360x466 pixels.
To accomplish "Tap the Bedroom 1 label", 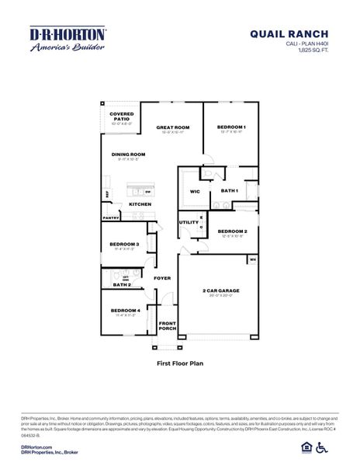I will (x=232, y=127).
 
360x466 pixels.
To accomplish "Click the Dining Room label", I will (x=129, y=155).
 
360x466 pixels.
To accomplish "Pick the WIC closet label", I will (x=195, y=190).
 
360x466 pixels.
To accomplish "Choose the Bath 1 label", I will (x=229, y=190).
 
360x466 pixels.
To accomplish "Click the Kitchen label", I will (x=140, y=204).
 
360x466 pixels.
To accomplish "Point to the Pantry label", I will (x=110, y=218).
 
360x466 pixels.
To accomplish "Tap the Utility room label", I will (x=189, y=223).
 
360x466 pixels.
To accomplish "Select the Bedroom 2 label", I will (x=232, y=231).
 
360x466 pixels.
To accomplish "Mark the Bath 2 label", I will (x=121, y=286).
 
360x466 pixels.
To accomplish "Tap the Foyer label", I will (x=162, y=278).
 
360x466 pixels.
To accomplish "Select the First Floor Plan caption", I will (x=179, y=363).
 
